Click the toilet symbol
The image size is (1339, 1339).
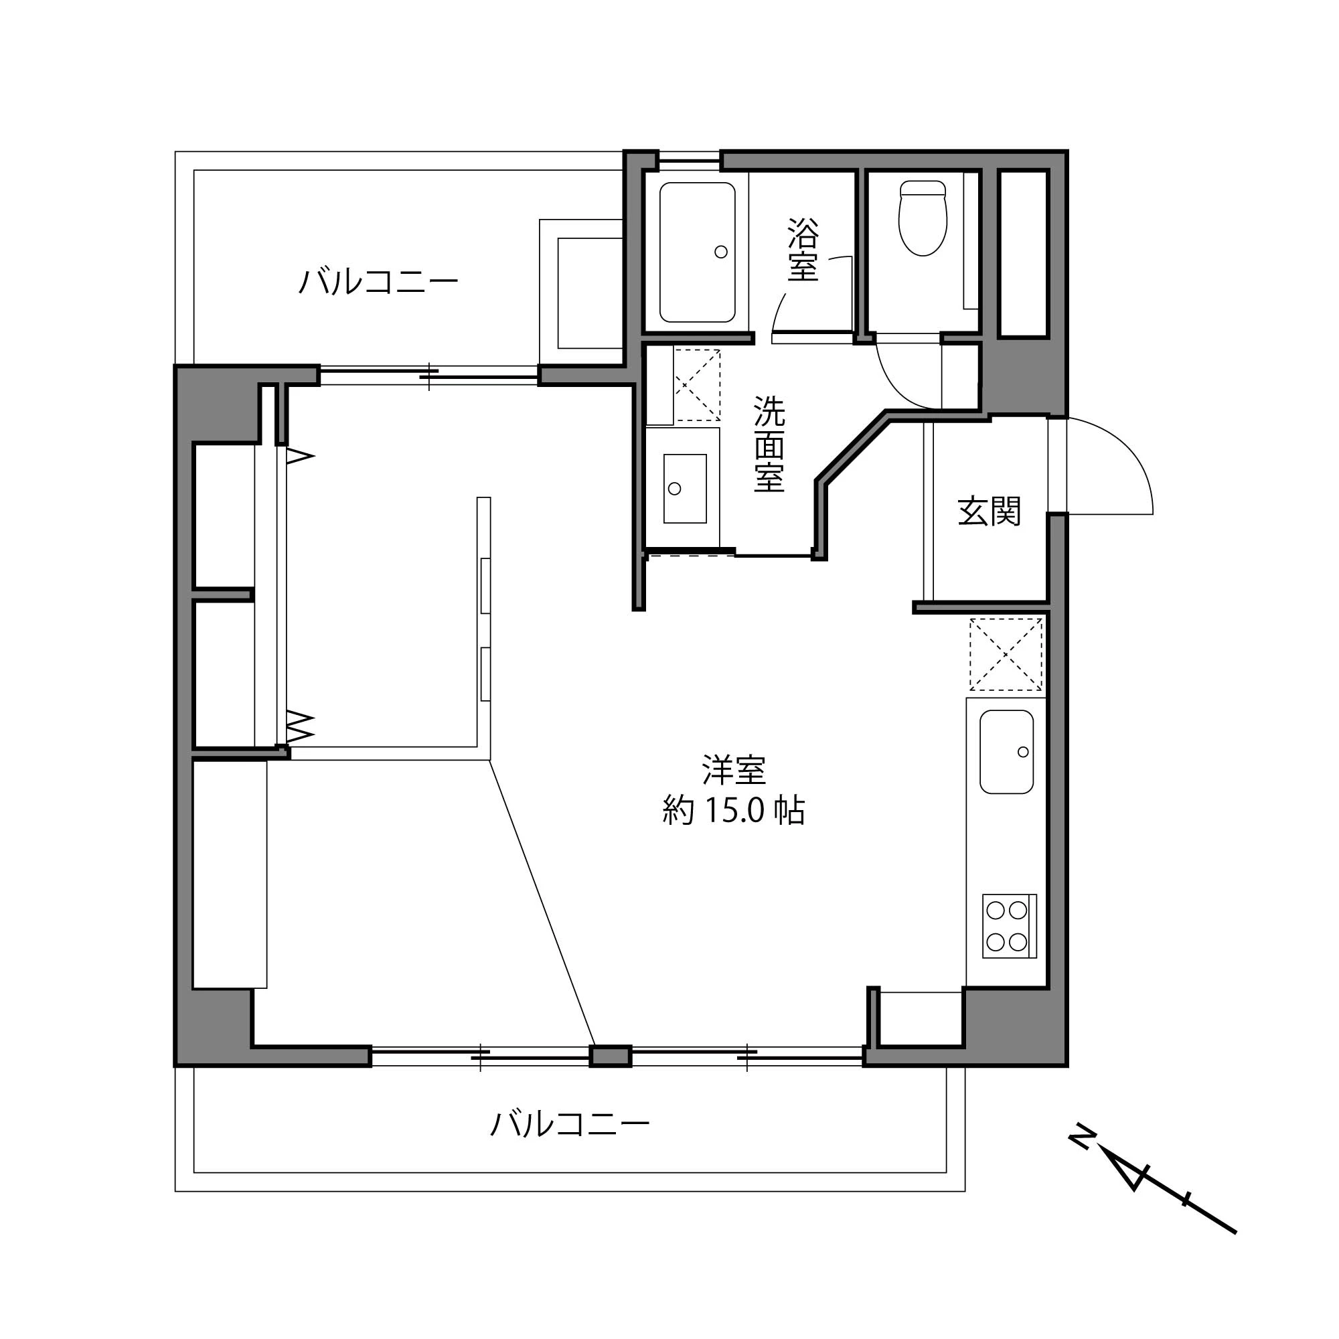pyautogui.click(x=923, y=219)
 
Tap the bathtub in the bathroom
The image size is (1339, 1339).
pyautogui.click(x=696, y=252)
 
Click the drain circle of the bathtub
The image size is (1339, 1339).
pyautogui.click(x=721, y=252)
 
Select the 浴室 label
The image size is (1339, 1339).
pyautogui.click(x=803, y=250)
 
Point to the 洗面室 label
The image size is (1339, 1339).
pyautogui.click(x=769, y=444)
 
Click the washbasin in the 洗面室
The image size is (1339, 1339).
pyautogui.click(x=685, y=489)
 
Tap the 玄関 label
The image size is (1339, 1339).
pyautogui.click(x=989, y=512)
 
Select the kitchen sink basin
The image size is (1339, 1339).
pyautogui.click(x=1006, y=752)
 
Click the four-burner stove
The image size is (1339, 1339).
pyautogui.click(x=1009, y=927)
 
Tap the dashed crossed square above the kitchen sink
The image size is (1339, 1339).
pyautogui.click(x=1006, y=654)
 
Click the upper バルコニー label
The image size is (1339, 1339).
pyautogui.click(x=378, y=282)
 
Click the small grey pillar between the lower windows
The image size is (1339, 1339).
pyautogui.click(x=610, y=1056)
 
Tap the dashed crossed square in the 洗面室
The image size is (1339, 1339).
pyautogui.click(x=697, y=385)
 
